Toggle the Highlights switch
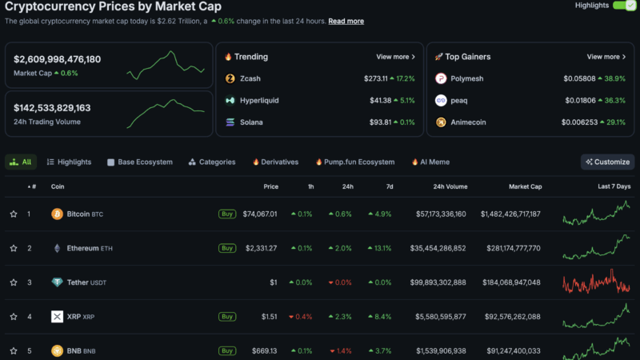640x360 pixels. click(x=623, y=6)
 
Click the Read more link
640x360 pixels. click(x=346, y=21)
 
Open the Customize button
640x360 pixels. click(x=607, y=162)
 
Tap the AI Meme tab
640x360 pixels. click(x=430, y=162)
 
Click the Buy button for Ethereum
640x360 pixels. click(x=227, y=248)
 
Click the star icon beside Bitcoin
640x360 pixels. click(x=14, y=214)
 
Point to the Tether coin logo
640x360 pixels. click(x=57, y=282)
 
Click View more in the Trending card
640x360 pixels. click(x=395, y=57)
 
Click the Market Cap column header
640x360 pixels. click(x=525, y=186)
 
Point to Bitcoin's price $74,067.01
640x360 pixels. click(x=260, y=214)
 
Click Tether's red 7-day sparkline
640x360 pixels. click(x=596, y=282)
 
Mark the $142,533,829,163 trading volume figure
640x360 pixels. click(x=52, y=107)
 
